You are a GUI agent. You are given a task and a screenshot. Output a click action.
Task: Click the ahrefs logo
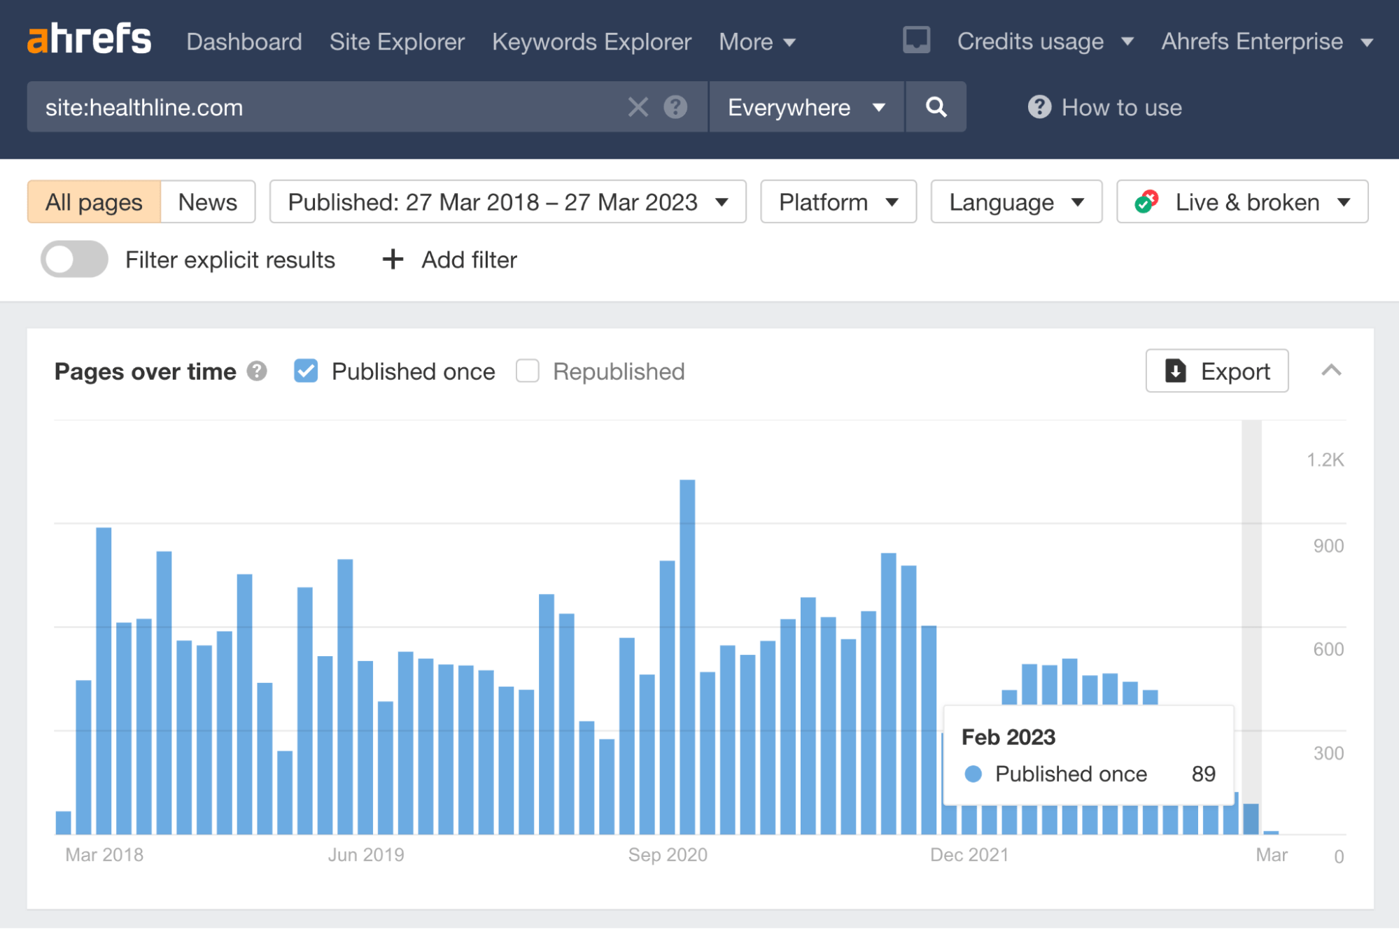89,39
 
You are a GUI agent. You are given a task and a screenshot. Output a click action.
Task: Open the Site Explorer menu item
397,42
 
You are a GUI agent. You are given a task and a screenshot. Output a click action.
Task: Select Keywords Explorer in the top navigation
591,42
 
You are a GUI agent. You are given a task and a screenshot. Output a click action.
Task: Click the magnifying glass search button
936,107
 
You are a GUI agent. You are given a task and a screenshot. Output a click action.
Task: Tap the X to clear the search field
638,107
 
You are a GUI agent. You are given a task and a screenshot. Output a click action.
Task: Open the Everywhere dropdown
806,107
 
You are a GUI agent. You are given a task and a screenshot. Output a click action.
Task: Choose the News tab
207,202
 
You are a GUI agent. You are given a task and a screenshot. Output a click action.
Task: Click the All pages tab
94,202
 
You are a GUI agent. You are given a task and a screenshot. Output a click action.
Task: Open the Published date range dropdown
507,202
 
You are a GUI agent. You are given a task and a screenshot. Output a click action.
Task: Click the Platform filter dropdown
838,202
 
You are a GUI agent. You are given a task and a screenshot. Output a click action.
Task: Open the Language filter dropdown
1015,202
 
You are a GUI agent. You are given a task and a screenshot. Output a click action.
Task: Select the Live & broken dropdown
1242,202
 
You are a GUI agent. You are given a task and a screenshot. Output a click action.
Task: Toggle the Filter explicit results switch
74,260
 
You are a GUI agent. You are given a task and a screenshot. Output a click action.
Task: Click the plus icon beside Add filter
393,260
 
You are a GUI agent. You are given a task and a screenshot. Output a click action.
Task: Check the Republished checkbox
527,371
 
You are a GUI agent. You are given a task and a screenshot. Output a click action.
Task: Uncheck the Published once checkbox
306,371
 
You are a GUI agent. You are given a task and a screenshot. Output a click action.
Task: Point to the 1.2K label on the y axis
1325,460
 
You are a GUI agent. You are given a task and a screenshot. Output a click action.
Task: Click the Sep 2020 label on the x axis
668,855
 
